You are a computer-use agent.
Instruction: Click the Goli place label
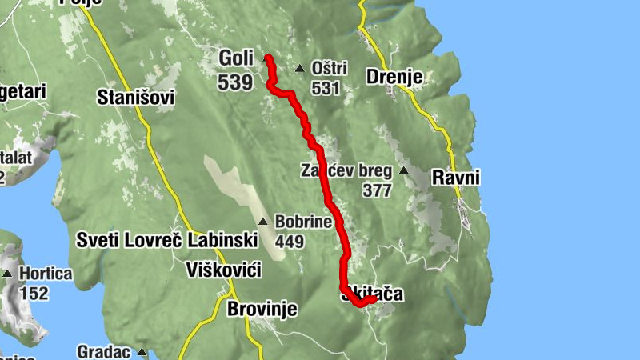pos(235,58)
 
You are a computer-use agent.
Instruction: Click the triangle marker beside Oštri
pos(299,69)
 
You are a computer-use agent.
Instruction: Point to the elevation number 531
pos(326,89)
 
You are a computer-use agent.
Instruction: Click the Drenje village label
pos(394,77)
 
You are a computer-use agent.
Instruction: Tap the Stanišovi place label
pos(134,98)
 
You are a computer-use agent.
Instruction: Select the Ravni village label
pos(456,177)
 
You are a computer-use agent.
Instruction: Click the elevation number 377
pos(376,191)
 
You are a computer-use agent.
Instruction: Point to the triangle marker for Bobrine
pos(263,222)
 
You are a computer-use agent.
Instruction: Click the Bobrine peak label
pos(302,222)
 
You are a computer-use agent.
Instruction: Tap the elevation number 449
pos(290,240)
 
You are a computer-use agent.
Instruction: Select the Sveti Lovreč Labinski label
pos(166,239)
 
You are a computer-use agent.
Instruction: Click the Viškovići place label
pos(223,268)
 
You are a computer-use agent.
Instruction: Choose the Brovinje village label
pos(262,309)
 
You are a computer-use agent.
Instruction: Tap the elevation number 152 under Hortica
pos(34,294)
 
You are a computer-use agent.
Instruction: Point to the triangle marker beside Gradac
pos(142,351)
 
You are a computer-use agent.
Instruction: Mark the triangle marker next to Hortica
pos(7,274)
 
